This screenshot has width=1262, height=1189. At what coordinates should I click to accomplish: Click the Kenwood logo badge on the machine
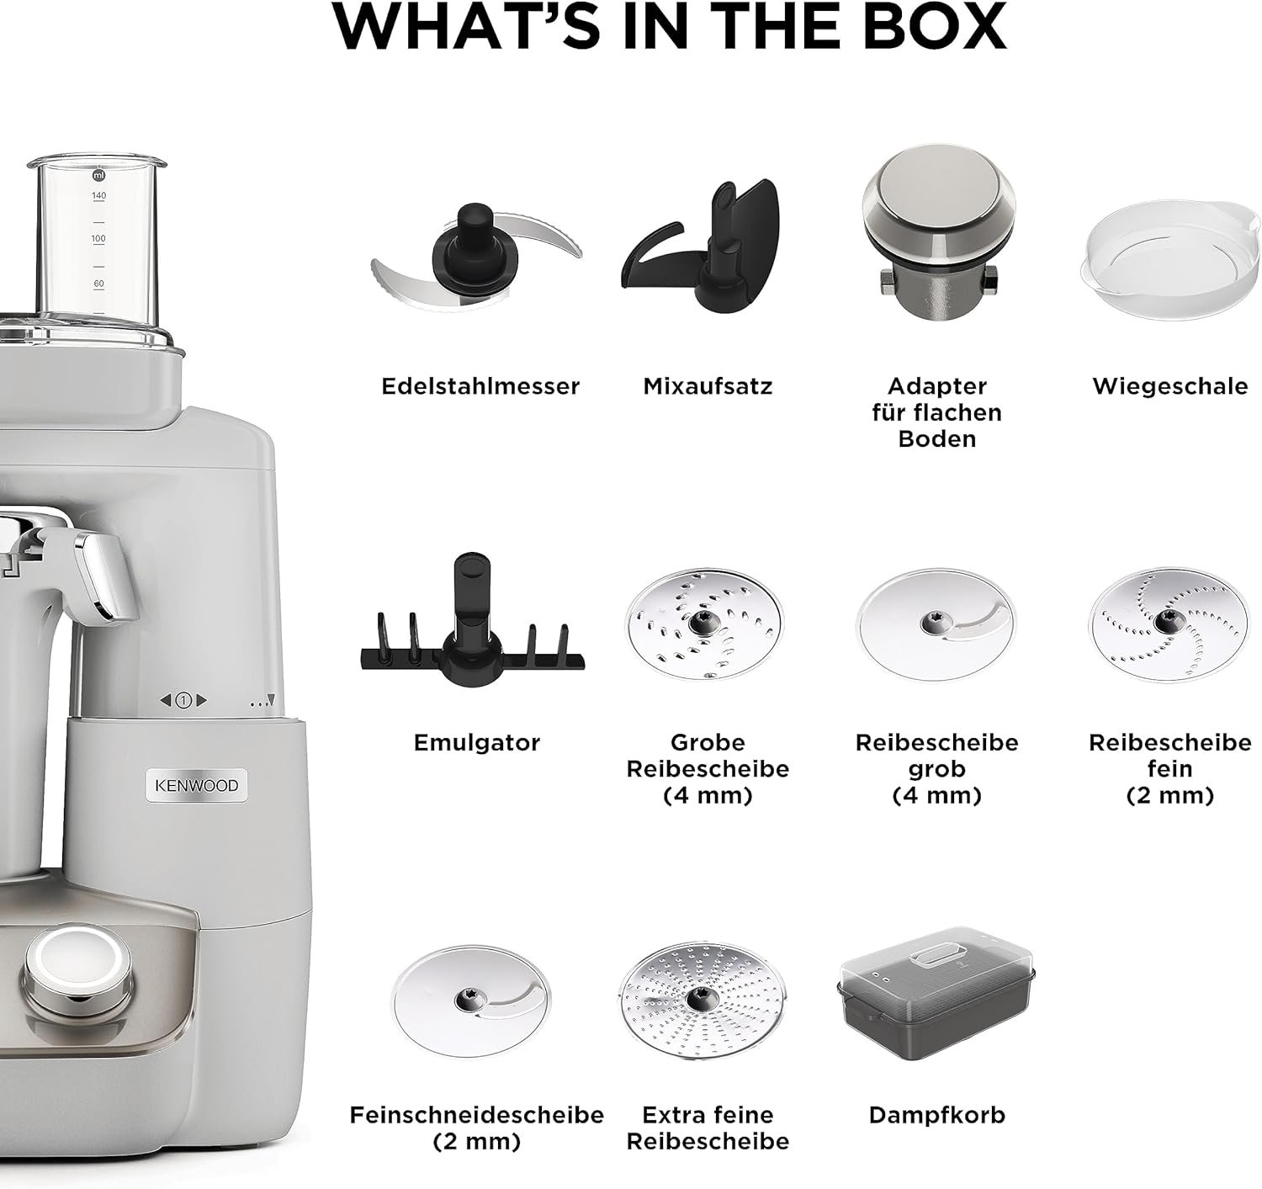196,785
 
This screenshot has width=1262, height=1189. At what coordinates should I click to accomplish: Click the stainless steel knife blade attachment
476,257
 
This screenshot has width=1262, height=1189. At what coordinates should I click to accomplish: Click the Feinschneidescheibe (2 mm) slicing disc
471,1001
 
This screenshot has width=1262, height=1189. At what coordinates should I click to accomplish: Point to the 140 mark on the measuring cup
98,195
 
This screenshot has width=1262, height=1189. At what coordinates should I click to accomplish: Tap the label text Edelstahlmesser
480,386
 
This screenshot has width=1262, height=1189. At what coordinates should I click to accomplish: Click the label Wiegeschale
1169,386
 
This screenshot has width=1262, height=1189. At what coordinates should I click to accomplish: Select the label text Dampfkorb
937,1115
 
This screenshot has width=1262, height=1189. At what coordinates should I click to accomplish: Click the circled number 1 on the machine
183,701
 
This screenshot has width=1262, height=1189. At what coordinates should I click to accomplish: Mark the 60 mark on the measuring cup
98,284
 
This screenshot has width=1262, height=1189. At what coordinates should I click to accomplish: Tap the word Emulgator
476,743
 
